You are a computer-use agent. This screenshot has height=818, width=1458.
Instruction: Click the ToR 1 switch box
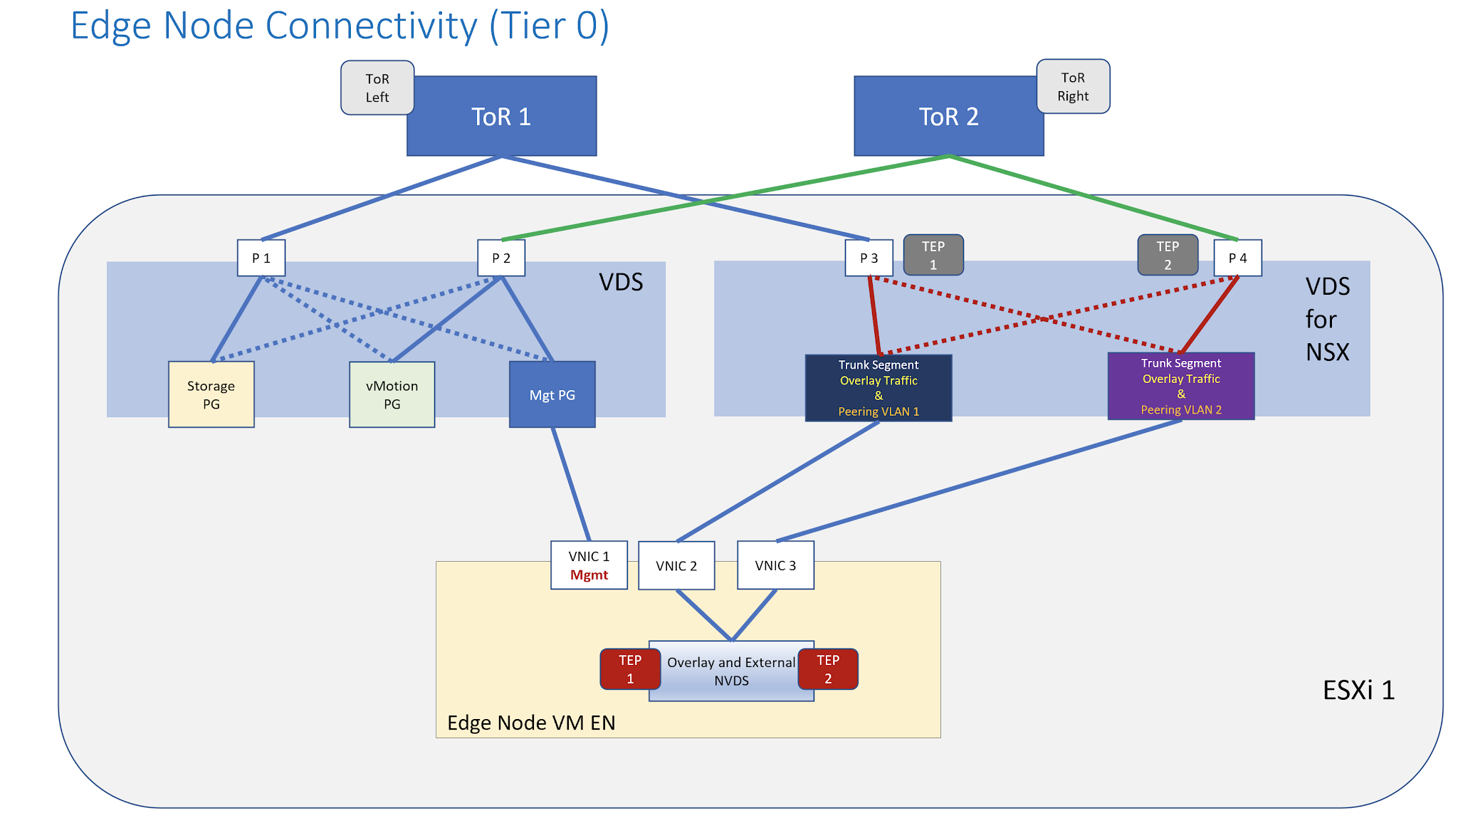click(x=501, y=116)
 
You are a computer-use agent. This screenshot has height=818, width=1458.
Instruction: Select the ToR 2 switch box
click(x=948, y=116)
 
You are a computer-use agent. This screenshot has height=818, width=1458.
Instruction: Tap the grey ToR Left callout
click(x=377, y=88)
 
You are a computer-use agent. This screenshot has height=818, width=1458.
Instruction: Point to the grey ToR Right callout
click(x=1073, y=86)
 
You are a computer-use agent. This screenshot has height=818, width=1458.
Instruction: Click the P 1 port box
click(x=261, y=258)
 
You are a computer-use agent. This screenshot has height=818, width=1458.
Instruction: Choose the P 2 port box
click(x=501, y=258)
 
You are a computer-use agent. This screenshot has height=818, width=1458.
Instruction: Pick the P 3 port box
click(x=869, y=258)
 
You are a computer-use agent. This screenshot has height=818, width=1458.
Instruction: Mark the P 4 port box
click(x=1237, y=258)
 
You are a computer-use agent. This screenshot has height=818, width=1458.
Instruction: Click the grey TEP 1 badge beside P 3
click(x=933, y=255)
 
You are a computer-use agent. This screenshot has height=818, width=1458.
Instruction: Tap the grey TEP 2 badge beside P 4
click(x=1168, y=255)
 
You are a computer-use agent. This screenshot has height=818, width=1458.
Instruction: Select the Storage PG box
click(x=211, y=394)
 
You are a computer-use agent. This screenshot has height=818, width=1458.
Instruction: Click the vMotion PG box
click(x=392, y=394)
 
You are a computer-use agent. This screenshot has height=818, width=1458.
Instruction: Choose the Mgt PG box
click(x=552, y=394)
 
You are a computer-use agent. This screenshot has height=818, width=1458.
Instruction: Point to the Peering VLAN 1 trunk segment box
click(x=878, y=388)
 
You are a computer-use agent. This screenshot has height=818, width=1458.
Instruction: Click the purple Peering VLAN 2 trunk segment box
click(x=1180, y=386)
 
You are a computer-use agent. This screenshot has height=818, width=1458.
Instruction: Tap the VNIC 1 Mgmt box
click(x=589, y=565)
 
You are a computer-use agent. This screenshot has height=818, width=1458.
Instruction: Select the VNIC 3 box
click(x=775, y=565)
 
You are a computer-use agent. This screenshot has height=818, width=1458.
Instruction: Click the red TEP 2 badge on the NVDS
click(x=828, y=669)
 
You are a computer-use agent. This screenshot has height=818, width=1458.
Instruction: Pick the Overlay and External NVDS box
click(x=731, y=671)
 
